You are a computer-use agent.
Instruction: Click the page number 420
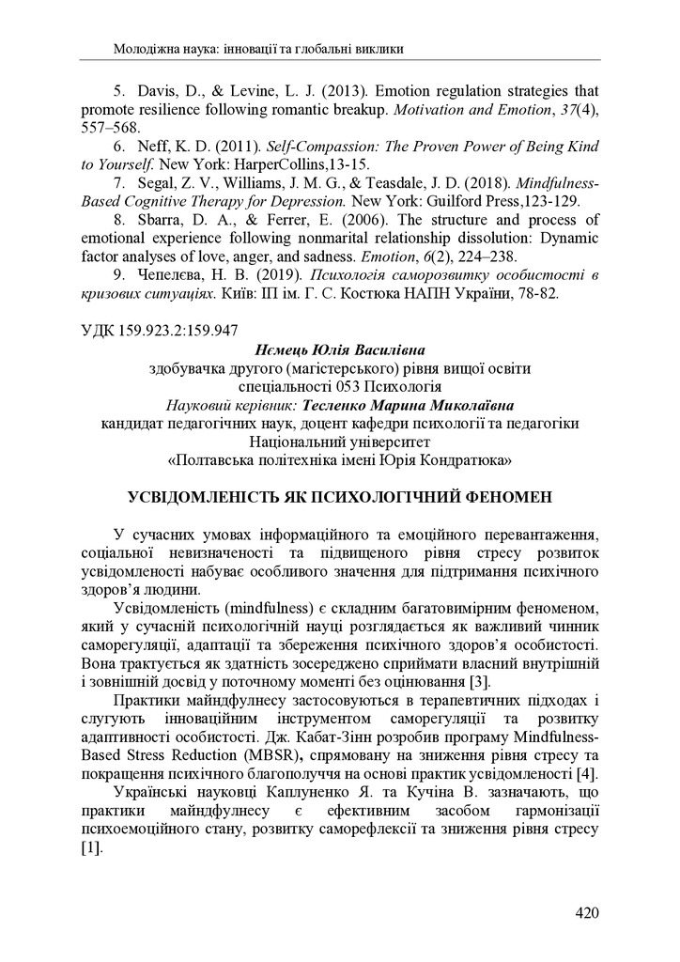[586, 912]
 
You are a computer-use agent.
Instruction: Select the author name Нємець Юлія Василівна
[339, 350]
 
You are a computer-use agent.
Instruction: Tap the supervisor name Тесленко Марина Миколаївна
[408, 406]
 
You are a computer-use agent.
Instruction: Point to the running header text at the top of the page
[264, 47]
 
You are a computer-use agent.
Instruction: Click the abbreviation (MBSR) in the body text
[271, 755]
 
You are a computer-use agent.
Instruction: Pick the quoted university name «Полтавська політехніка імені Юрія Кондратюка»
[339, 460]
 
